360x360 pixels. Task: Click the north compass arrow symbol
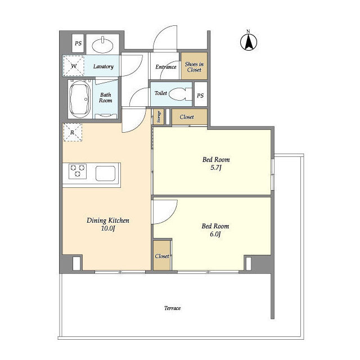pyautogui.click(x=249, y=42)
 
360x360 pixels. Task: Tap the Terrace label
pyautogui.click(x=172, y=308)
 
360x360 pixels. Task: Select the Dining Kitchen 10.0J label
pyautogui.click(x=108, y=224)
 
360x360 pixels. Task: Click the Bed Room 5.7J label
pyautogui.click(x=216, y=163)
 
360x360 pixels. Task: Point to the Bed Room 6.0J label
pyautogui.click(x=215, y=230)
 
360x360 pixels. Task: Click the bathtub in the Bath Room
pyautogui.click(x=80, y=99)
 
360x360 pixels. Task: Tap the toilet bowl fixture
pyautogui.click(x=180, y=94)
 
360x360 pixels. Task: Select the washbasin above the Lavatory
pyautogui.click(x=102, y=45)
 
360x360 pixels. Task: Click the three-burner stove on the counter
pyautogui.click(x=78, y=171)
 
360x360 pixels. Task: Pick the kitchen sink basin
pyautogui.click(x=105, y=173)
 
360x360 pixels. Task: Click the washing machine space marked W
pyautogui.click(x=74, y=66)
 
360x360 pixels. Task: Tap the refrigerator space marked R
pyautogui.click(x=73, y=132)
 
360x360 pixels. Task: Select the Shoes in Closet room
pyautogui.click(x=194, y=66)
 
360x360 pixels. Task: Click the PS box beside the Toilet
pyautogui.click(x=201, y=94)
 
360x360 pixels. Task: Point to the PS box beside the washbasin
pyautogui.click(x=78, y=43)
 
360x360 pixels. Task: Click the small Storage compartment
pyautogui.click(x=159, y=117)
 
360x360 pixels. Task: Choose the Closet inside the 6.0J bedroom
pyautogui.click(x=162, y=255)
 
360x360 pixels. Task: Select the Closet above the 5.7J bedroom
pyautogui.click(x=190, y=117)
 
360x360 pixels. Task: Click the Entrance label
pyautogui.click(x=166, y=67)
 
